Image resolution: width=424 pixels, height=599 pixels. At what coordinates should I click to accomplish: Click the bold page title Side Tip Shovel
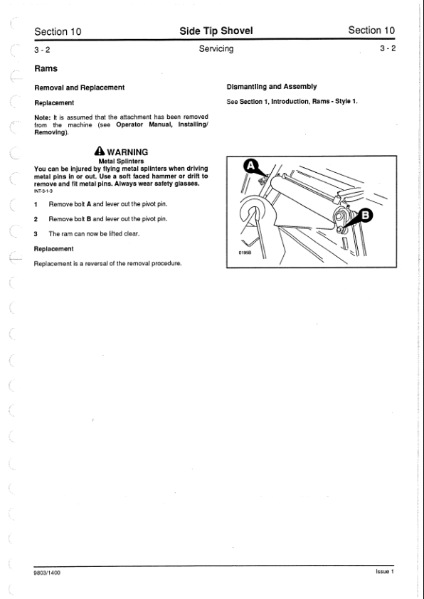click(216, 31)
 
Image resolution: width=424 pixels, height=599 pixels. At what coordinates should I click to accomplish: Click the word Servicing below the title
click(216, 49)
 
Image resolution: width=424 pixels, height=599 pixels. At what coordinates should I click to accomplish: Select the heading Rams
click(46, 69)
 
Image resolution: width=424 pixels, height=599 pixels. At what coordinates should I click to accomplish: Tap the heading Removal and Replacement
click(80, 88)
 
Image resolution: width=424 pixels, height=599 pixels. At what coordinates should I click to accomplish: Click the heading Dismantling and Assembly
click(272, 87)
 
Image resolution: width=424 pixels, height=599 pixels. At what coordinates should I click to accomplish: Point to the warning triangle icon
click(100, 151)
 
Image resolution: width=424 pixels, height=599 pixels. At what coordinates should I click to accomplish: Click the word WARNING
click(127, 152)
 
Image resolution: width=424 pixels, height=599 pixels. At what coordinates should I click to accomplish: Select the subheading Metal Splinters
click(121, 161)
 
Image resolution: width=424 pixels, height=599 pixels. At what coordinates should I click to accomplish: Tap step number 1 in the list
click(36, 204)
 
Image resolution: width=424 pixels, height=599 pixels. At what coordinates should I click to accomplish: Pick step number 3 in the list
click(36, 234)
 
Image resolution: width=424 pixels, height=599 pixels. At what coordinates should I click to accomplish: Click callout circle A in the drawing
click(250, 166)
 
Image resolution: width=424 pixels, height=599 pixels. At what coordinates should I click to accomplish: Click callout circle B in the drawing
click(366, 216)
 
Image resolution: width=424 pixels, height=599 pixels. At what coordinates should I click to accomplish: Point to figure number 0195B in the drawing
click(245, 253)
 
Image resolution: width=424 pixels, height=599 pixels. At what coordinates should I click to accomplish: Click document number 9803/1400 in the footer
click(48, 573)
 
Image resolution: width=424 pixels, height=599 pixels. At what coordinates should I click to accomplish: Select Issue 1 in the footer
click(385, 571)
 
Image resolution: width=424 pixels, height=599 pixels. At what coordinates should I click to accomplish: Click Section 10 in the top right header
click(371, 30)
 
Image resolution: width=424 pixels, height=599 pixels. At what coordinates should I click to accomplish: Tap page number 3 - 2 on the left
click(42, 50)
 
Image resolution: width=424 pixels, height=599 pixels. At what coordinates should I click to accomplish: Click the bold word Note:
click(43, 117)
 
